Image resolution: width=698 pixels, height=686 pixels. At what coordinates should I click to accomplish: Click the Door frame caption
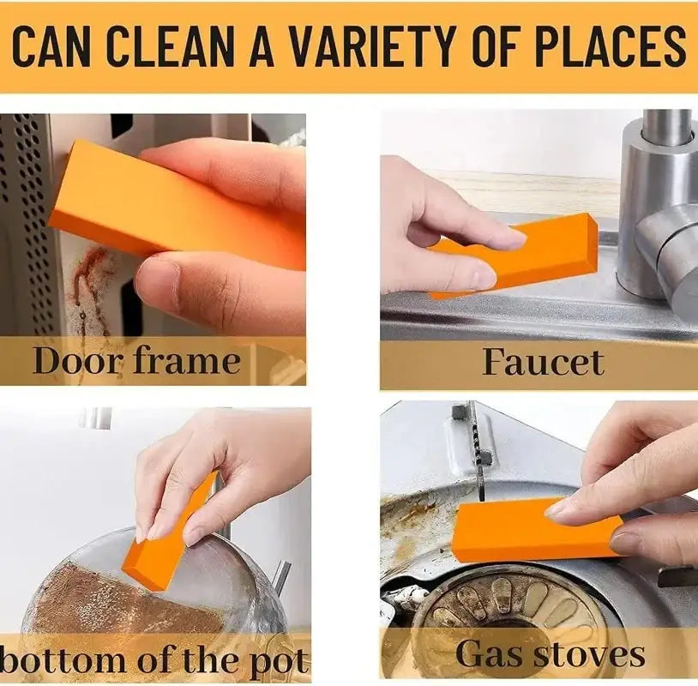pos(136,361)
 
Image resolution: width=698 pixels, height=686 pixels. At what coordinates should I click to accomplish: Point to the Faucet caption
pos(543,363)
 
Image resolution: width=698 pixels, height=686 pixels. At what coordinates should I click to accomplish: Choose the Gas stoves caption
pos(550,654)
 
